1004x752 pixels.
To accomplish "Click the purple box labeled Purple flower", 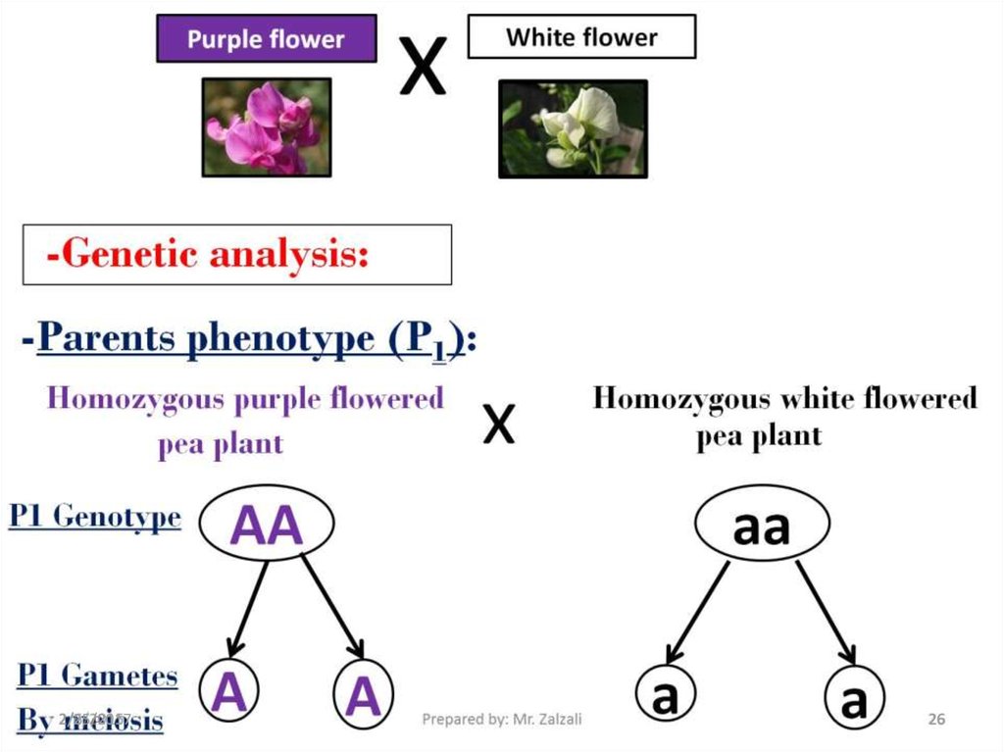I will tap(266, 39).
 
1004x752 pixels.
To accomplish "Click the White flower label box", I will tap(581, 38).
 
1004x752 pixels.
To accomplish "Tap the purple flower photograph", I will tap(266, 127).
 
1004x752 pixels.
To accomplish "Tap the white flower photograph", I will tap(573, 128).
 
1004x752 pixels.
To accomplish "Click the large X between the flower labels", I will tap(423, 66).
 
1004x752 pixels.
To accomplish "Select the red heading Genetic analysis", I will tap(207, 255).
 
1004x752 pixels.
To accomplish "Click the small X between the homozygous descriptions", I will tap(499, 425).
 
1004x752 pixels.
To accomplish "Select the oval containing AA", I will tap(267, 525).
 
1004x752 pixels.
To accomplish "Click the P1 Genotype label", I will tap(95, 517).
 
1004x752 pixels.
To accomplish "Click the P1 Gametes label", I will tap(97, 676).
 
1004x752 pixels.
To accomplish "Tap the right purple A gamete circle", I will tap(363, 696).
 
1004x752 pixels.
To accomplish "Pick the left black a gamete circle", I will tap(666, 698).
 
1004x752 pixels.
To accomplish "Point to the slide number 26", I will tap(936, 720).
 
